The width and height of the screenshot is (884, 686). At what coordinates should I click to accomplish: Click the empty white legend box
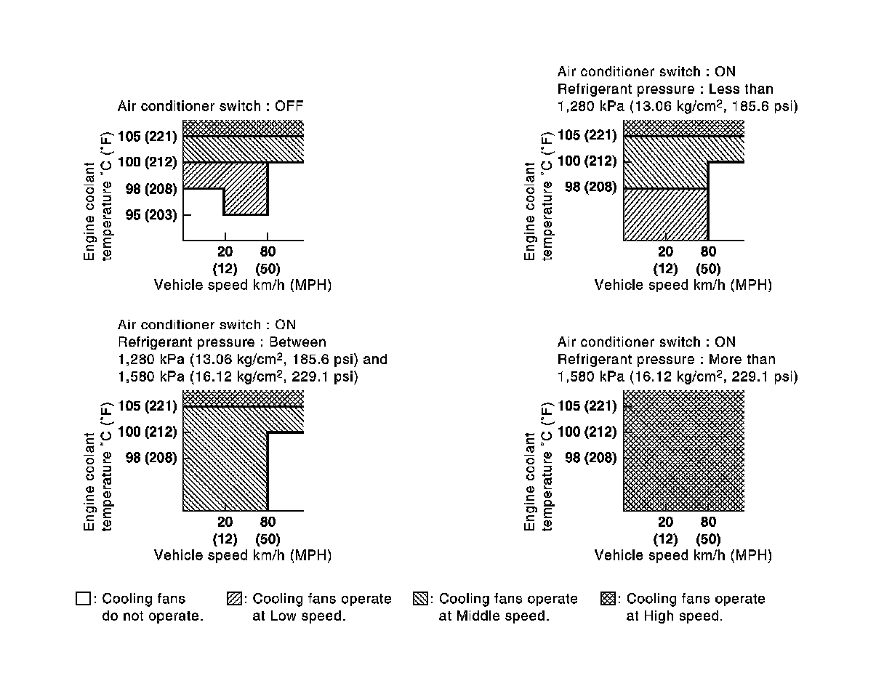coord(83,600)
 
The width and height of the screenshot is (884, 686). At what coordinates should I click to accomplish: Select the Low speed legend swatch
coord(234,600)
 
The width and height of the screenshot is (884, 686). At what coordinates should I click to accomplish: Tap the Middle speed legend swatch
coord(420,600)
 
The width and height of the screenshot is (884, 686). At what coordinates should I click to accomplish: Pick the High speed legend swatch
coord(608,600)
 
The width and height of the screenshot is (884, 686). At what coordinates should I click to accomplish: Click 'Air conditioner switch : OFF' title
coord(210,107)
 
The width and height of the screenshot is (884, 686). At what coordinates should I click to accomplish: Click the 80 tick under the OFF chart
coord(268,252)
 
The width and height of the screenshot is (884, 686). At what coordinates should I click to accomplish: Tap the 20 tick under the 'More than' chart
coord(665,522)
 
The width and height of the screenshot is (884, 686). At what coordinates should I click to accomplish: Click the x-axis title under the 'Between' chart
coord(243,555)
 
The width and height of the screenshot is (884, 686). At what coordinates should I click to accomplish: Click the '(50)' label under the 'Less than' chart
coord(708,269)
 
